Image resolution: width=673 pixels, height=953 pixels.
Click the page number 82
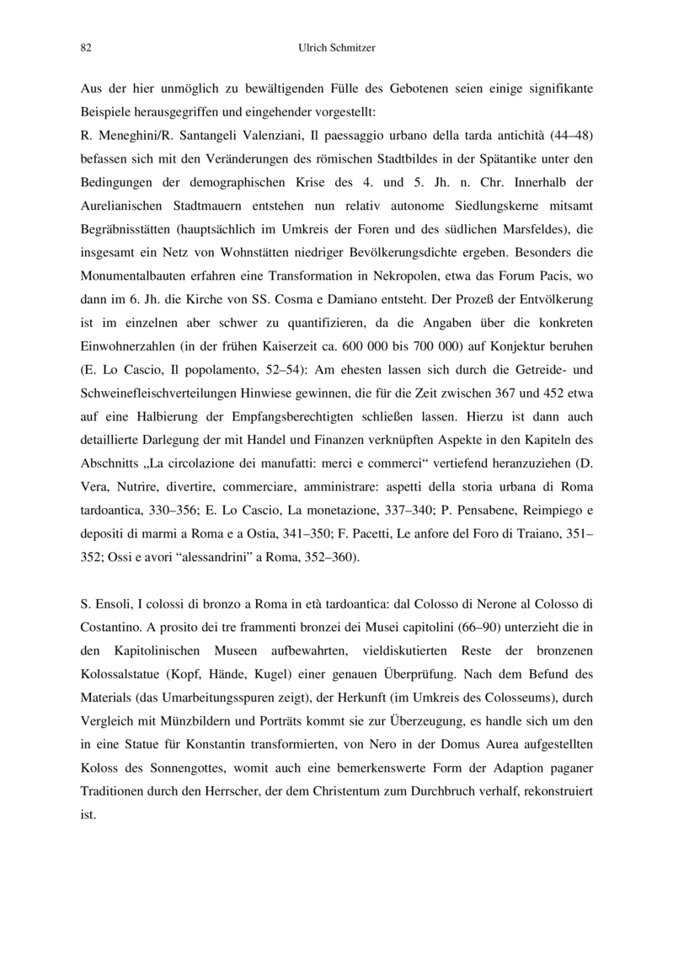pos(85,48)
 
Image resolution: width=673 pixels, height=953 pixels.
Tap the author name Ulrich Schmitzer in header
pos(337,48)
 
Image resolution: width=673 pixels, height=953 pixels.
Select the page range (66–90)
pos(478,629)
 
